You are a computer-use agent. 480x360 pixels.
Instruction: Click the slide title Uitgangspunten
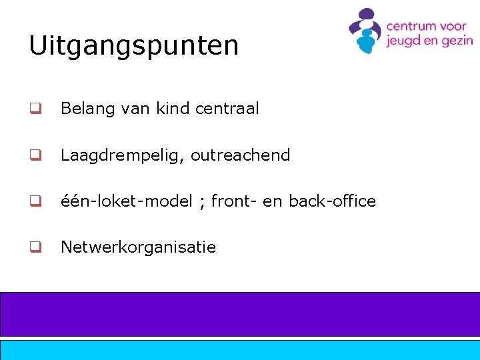[133, 46]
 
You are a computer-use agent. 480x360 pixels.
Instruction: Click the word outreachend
[241, 155]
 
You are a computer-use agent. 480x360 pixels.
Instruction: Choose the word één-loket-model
[126, 201]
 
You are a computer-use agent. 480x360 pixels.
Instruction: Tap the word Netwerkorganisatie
[138, 247]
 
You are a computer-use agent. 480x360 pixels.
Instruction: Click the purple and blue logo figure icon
[364, 31]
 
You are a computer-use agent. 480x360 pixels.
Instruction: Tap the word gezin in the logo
[457, 41]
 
